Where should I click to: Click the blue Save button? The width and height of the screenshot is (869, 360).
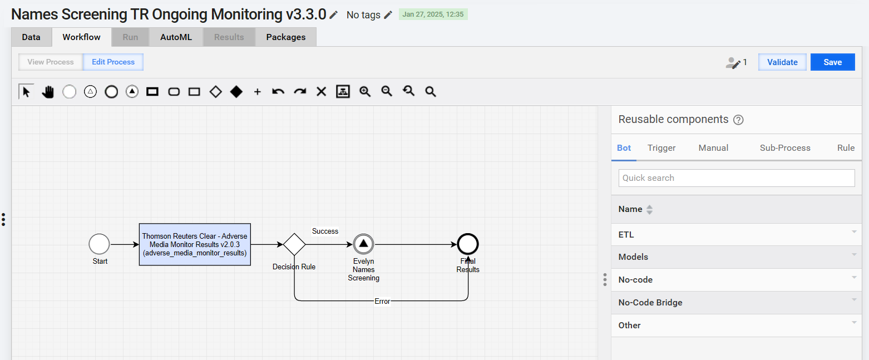832,62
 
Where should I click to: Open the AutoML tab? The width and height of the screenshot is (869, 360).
176,37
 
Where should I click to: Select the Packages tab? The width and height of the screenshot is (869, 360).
286,37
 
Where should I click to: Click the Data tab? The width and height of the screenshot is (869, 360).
31,37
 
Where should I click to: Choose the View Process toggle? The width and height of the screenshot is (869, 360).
51,62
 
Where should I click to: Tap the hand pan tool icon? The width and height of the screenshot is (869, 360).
48,92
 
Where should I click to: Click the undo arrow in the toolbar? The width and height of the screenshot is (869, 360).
278,92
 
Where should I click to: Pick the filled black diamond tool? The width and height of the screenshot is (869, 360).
236,92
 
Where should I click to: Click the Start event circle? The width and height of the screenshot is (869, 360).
100,244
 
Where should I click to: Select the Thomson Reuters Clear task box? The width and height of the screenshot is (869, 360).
195,244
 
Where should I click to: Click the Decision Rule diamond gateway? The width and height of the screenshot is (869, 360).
294,244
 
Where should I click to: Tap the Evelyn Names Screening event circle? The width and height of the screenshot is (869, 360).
363,244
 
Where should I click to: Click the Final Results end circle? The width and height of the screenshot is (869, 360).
468,244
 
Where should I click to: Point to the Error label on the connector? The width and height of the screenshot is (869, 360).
382,302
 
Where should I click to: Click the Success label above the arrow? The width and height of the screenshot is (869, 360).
325,231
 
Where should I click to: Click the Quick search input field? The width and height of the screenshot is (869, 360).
737,178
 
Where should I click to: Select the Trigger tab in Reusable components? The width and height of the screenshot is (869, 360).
661,148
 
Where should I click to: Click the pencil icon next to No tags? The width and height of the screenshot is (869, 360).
388,15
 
